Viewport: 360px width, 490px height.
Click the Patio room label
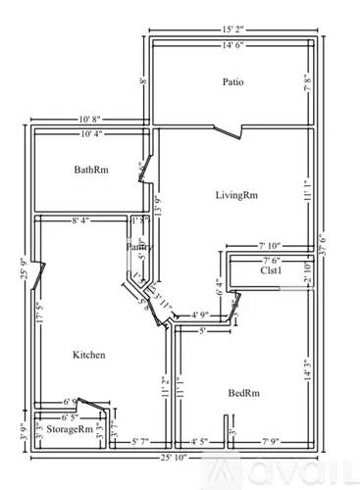(232, 82)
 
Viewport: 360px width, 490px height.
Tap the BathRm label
(91, 171)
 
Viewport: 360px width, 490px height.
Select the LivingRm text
(237, 195)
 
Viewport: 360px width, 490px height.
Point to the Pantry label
(139, 249)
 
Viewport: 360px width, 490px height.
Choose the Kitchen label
(88, 354)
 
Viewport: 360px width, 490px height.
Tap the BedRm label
(242, 392)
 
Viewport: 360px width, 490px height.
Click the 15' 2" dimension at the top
(232, 30)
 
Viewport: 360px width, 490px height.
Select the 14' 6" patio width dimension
(232, 45)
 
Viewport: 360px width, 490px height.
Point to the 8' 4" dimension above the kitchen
(81, 221)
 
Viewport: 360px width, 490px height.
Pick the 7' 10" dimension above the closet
(271, 245)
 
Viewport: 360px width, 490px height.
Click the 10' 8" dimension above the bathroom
(94, 121)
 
